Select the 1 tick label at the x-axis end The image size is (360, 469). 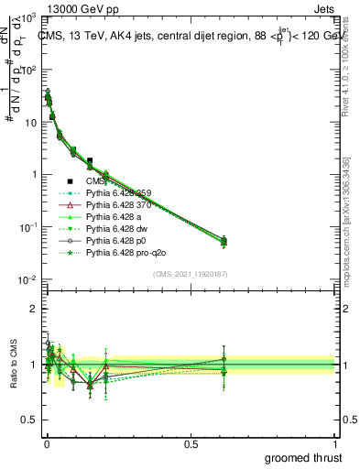[x=335, y=443]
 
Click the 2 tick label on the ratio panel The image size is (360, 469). [x=32, y=309]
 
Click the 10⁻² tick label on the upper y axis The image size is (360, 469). [x=27, y=279]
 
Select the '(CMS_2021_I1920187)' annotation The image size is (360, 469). [x=190, y=271]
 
